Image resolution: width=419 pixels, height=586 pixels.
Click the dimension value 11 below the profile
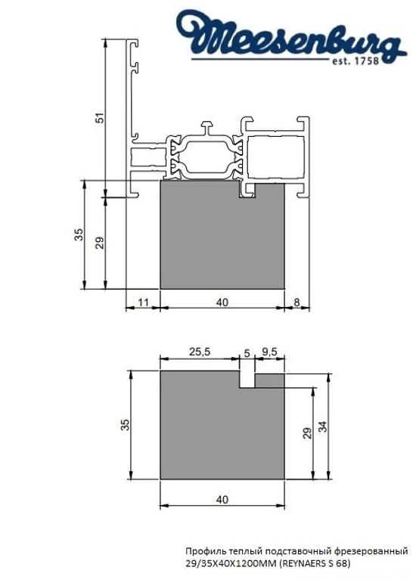tap(141, 302)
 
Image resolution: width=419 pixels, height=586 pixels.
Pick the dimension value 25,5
tap(200, 352)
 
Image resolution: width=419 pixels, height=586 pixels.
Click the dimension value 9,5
tap(270, 352)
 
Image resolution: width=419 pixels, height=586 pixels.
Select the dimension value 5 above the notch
tap(247, 352)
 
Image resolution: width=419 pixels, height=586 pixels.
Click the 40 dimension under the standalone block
tap(222, 499)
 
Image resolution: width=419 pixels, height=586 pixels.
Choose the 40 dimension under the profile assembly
tap(222, 302)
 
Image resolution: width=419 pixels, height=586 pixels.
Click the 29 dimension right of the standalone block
tap(306, 432)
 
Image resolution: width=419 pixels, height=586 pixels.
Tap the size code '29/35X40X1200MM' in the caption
tap(232, 563)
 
